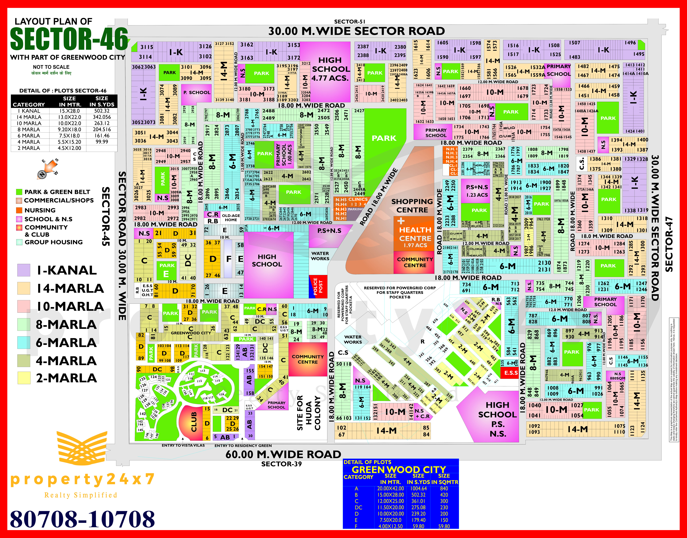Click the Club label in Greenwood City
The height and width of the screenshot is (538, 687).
(x=194, y=422)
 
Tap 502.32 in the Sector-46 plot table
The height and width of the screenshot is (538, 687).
(x=102, y=111)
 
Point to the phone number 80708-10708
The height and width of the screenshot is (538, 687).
(x=82, y=519)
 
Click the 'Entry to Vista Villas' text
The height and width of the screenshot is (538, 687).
(x=183, y=445)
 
